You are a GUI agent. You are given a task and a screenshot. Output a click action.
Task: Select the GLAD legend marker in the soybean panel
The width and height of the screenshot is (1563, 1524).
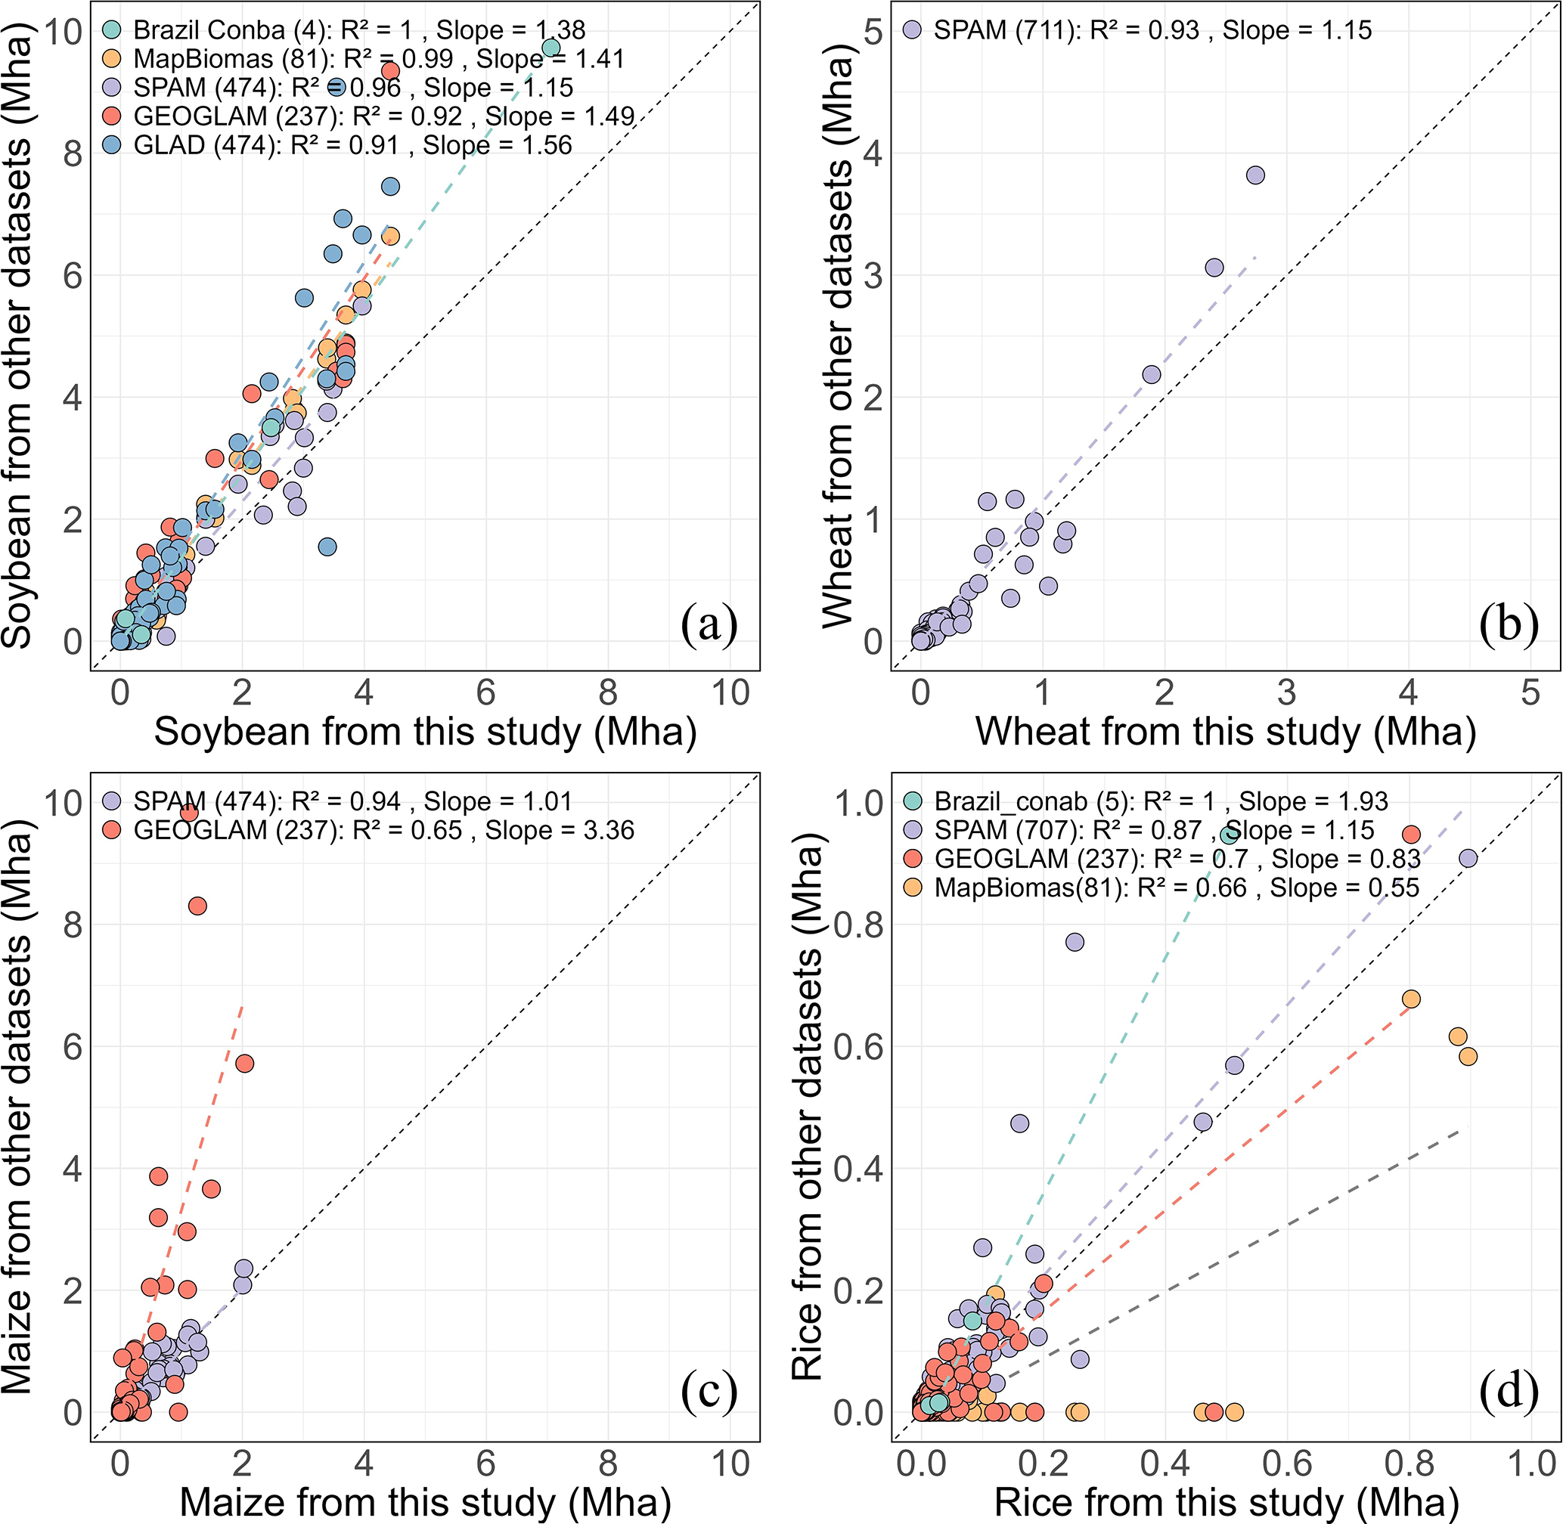click(x=112, y=146)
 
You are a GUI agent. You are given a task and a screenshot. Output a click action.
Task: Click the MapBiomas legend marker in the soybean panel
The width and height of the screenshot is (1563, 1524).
click(x=112, y=58)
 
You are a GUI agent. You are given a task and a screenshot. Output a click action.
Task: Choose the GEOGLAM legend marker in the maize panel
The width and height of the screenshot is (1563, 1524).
click(x=112, y=830)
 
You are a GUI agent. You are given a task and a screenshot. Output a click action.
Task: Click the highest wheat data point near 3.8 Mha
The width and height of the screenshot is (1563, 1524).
click(x=1255, y=175)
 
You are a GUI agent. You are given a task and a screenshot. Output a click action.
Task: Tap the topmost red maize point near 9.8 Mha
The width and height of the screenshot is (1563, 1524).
click(x=189, y=813)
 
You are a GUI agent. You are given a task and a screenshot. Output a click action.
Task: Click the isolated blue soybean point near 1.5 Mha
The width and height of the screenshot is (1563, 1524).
click(x=327, y=547)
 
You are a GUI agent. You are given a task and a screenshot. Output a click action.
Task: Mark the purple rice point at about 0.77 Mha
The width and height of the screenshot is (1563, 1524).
click(x=1075, y=942)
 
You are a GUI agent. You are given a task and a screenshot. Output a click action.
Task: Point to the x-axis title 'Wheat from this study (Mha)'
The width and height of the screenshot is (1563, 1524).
click(x=1225, y=733)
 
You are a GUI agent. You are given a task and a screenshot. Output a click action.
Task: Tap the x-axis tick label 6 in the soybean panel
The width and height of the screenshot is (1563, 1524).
click(x=486, y=693)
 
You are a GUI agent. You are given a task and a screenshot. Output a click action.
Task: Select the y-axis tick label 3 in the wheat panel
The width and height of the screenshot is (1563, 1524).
click(x=873, y=274)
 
